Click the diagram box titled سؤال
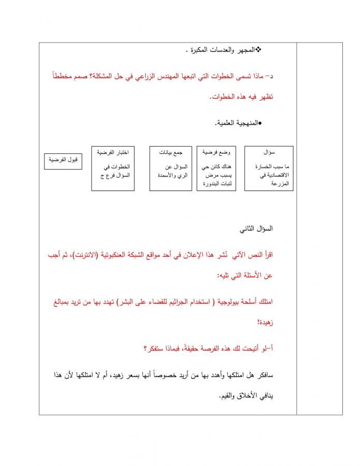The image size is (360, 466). coord(269,168)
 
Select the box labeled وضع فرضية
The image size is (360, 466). coord(217,168)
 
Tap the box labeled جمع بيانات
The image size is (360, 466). coord(170,168)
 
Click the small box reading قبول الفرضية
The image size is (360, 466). coord(63,161)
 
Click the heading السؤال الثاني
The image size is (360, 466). coord(256,229)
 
